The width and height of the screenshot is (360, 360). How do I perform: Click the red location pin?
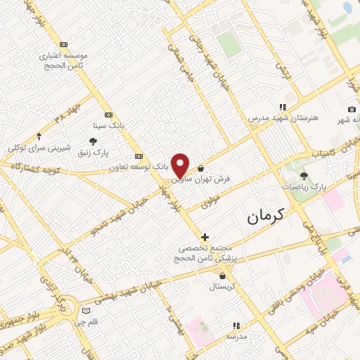[181, 165]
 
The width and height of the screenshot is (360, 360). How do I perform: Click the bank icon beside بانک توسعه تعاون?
[139, 156]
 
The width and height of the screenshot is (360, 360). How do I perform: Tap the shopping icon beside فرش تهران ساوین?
[202, 168]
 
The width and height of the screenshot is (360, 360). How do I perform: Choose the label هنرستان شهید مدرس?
[282, 119]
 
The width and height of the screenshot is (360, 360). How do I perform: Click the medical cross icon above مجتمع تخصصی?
[205, 238]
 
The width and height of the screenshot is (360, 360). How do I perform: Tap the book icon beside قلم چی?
[86, 310]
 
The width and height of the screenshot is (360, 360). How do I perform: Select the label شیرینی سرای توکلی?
[39, 148]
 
